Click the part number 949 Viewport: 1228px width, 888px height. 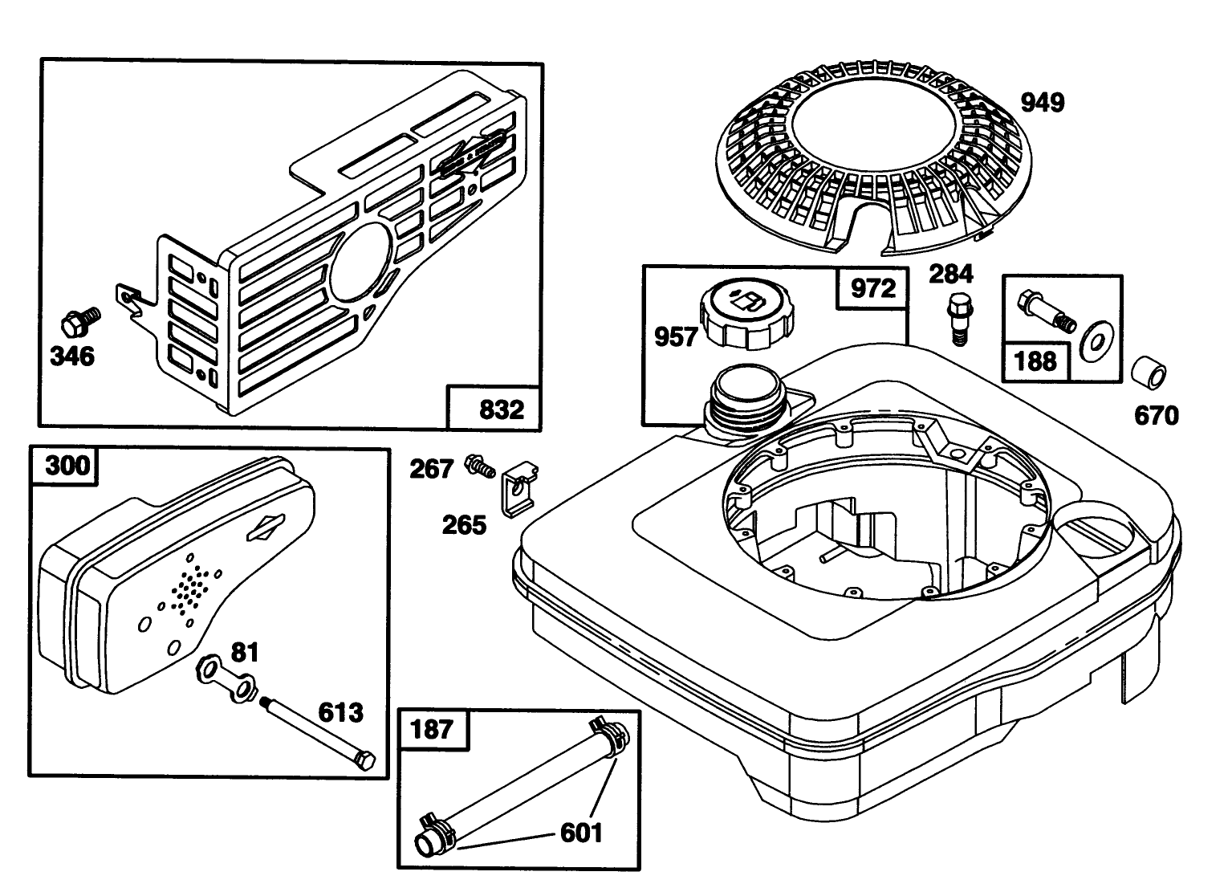point(1042,103)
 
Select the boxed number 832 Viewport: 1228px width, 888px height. point(501,409)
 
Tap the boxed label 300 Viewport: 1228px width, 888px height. point(68,466)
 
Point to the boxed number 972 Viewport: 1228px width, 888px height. point(872,288)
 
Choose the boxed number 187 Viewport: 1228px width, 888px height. point(432,730)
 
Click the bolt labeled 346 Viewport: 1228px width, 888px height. point(79,321)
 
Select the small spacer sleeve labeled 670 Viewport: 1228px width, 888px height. point(1148,373)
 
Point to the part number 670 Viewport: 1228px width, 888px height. point(1156,415)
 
